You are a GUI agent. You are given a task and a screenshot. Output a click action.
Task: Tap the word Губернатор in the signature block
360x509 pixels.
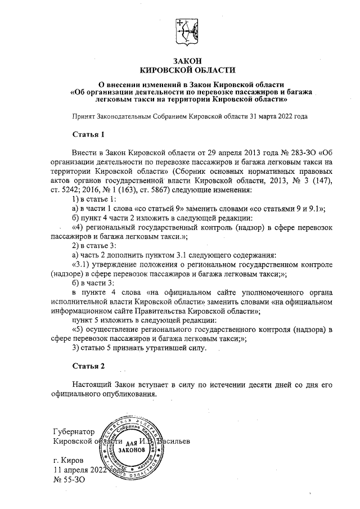(x=70, y=431)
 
